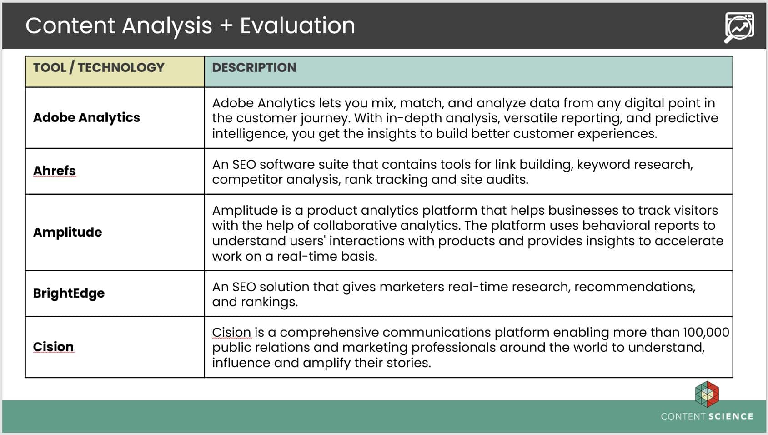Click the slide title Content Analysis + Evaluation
pos(190,26)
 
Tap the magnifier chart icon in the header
pos(739,27)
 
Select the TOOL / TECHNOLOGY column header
pos(99,68)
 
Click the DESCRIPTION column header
pos(254,68)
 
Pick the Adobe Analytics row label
pos(86,118)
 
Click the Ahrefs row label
pos(54,171)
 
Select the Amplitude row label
pos(68,232)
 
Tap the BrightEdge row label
pos(69,293)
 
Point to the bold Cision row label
pos(53,347)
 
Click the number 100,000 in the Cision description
pos(706,332)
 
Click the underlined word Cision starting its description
pos(231,332)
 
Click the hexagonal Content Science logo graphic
pos(707,394)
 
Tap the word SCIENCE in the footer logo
pos(731,416)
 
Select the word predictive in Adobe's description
pos(687,118)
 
